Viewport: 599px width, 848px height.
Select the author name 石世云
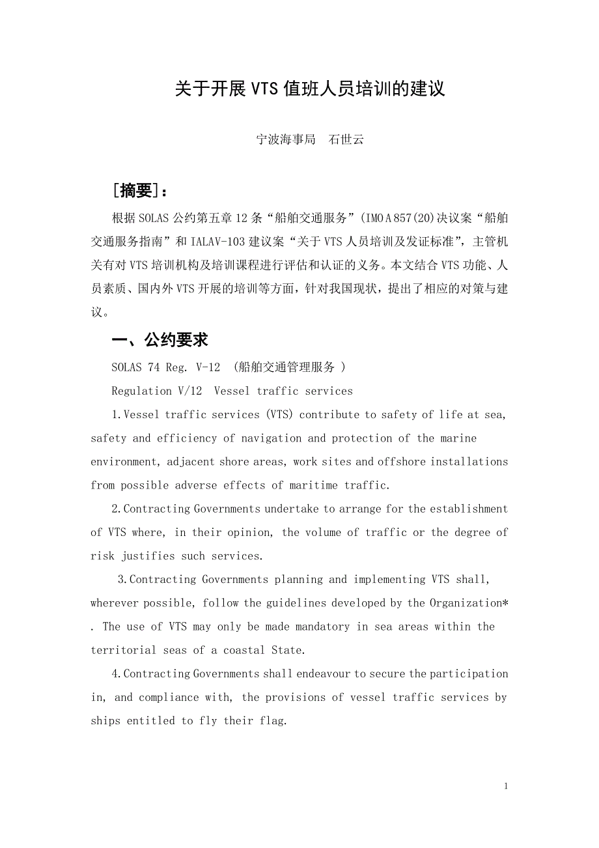point(346,139)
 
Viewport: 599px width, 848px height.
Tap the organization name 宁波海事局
point(285,139)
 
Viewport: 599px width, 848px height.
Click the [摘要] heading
point(139,190)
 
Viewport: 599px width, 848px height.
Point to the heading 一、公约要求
point(160,340)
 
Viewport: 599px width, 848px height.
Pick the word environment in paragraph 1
point(124,462)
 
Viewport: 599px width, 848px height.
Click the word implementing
point(389,580)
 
